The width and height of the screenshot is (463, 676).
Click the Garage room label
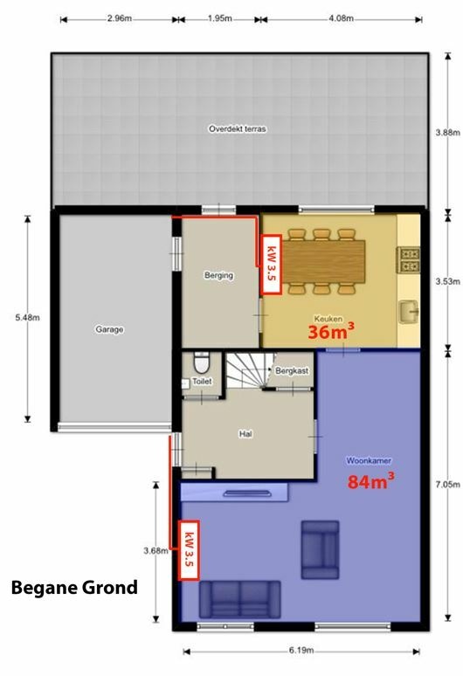(x=109, y=329)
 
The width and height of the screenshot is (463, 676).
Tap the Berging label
(x=218, y=275)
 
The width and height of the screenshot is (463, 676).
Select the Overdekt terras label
(x=237, y=128)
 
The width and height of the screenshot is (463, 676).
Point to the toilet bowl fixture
(x=201, y=363)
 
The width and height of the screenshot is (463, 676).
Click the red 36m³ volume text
(x=331, y=331)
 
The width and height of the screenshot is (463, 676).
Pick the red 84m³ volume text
(x=370, y=480)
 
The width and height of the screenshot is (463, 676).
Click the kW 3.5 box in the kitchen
(x=271, y=265)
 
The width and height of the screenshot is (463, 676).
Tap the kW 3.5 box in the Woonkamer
(x=189, y=550)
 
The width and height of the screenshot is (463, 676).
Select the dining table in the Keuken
(x=322, y=261)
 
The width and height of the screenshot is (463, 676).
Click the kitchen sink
(x=408, y=311)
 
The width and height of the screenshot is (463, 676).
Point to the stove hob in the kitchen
(x=408, y=259)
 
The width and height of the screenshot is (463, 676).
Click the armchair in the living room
(x=320, y=549)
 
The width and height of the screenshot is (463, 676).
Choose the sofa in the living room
(x=239, y=600)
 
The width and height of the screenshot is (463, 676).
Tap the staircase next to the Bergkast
(x=249, y=370)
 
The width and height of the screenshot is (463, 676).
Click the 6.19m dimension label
(x=301, y=650)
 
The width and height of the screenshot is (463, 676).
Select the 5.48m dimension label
(x=28, y=318)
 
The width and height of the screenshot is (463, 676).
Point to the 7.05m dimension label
(x=447, y=485)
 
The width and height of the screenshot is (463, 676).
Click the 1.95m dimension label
(x=219, y=18)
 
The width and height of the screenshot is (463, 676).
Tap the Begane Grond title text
(x=74, y=588)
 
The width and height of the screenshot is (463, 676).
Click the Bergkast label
(x=292, y=371)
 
